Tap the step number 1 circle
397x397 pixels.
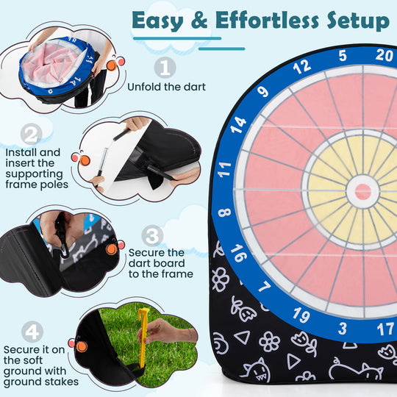(167, 68)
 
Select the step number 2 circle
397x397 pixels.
(31, 135)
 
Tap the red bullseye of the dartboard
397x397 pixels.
(363, 192)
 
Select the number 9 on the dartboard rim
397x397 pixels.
(264, 93)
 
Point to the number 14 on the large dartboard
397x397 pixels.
(237, 125)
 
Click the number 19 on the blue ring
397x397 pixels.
(300, 315)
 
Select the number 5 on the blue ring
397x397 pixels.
(343, 56)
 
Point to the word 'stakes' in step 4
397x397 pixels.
(57, 382)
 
